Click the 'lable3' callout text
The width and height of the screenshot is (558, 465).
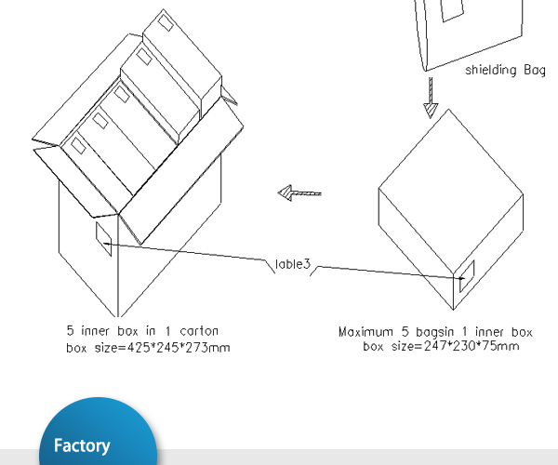pyautogui.click(x=292, y=265)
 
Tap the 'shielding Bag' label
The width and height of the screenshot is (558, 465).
pyautogui.click(x=504, y=70)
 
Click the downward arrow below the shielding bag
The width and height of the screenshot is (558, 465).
pyautogui.click(x=431, y=97)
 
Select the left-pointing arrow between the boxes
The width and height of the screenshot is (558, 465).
pyautogui.click(x=299, y=193)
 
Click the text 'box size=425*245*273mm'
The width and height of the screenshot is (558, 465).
pyautogui.click(x=148, y=348)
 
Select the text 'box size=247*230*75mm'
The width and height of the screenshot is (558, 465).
pyautogui.click(x=441, y=346)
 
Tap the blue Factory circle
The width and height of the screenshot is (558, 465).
pyautogui.click(x=98, y=437)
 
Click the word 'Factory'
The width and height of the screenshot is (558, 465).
pyautogui.click(x=82, y=446)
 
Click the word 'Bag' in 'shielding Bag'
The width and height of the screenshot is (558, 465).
pyautogui.click(x=532, y=70)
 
